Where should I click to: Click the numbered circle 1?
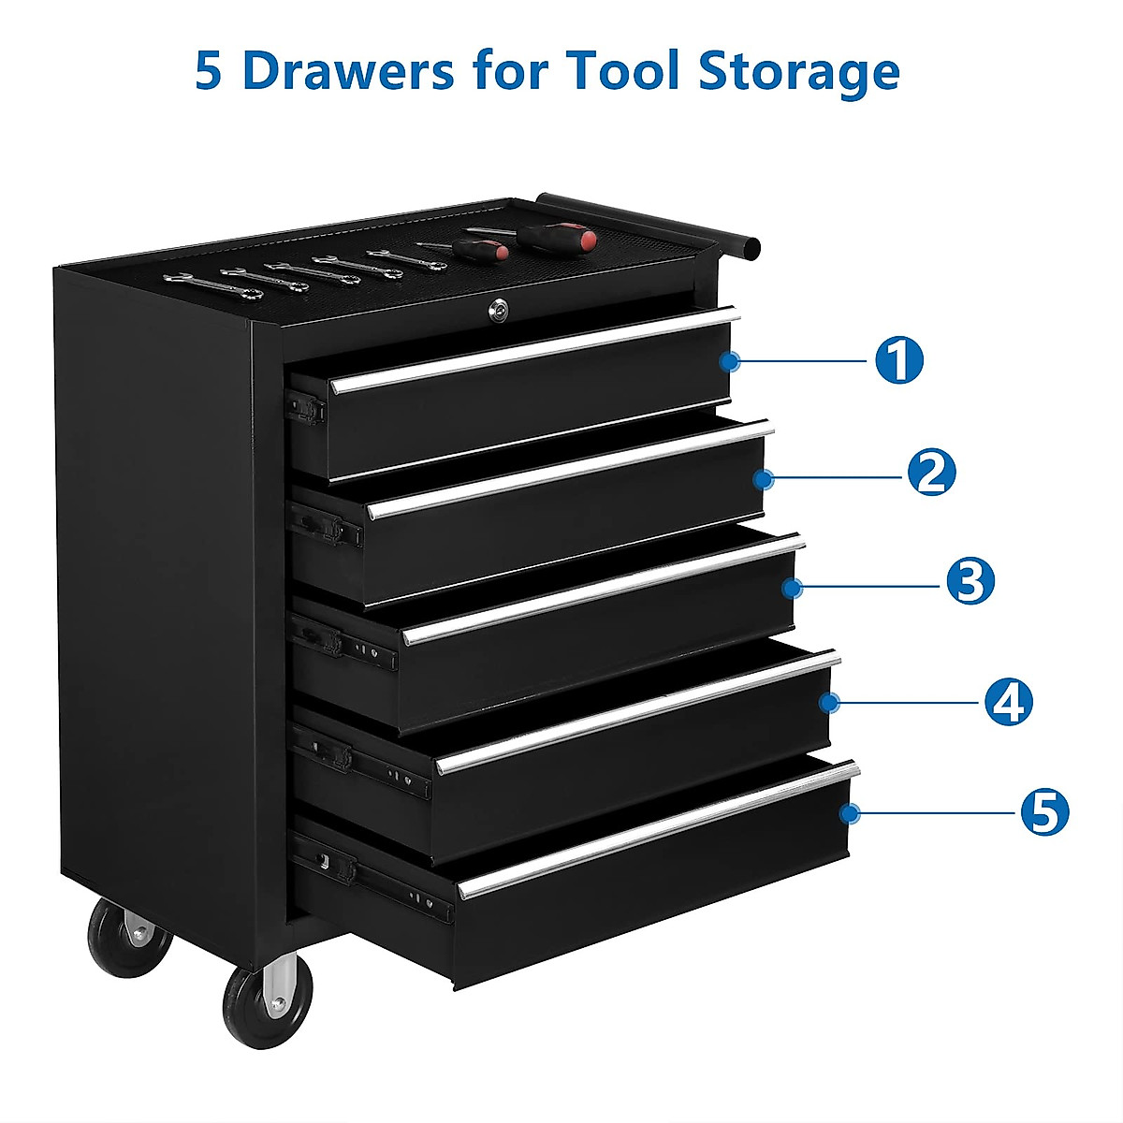pos(898,360)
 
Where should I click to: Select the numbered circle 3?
pos(970,581)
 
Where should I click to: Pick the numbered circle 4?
pos(1008,701)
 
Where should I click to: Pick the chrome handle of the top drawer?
pos(533,351)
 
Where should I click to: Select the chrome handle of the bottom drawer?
pos(655,831)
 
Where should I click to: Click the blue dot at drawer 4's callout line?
pos(828,701)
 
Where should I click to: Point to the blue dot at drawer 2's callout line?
pos(764,479)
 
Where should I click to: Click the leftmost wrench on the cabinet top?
pos(189,279)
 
